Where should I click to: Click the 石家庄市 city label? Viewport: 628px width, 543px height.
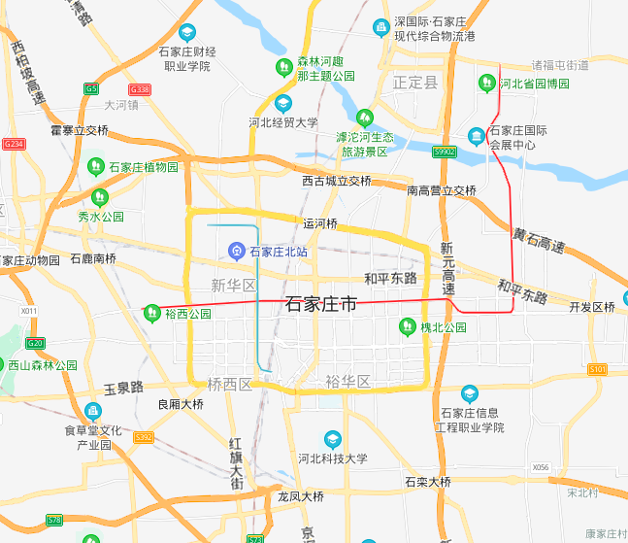(321, 304)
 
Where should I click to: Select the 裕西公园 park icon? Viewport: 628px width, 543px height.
(151, 314)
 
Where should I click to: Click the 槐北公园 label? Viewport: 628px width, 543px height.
(443, 327)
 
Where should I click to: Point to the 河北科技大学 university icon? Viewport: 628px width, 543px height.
(333, 439)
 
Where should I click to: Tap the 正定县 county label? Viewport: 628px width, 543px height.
(416, 83)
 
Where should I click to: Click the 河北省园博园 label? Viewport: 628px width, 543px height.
(534, 84)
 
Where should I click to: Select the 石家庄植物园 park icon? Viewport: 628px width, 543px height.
(96, 167)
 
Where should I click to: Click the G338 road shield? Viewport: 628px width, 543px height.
(140, 88)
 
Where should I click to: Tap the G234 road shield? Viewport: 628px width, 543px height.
(14, 144)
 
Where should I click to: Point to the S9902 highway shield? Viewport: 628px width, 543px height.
(445, 152)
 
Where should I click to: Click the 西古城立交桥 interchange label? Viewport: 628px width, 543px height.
(336, 181)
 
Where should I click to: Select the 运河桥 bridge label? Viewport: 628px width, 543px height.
(320, 223)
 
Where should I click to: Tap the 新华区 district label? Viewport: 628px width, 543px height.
(233, 285)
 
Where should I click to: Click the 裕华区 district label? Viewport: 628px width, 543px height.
(348, 381)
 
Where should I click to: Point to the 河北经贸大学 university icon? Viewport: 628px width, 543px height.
(283, 103)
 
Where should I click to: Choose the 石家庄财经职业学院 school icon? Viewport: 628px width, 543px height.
(186, 32)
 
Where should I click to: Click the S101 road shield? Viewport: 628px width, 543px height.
(597, 369)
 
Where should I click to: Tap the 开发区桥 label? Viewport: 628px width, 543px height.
(592, 307)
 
